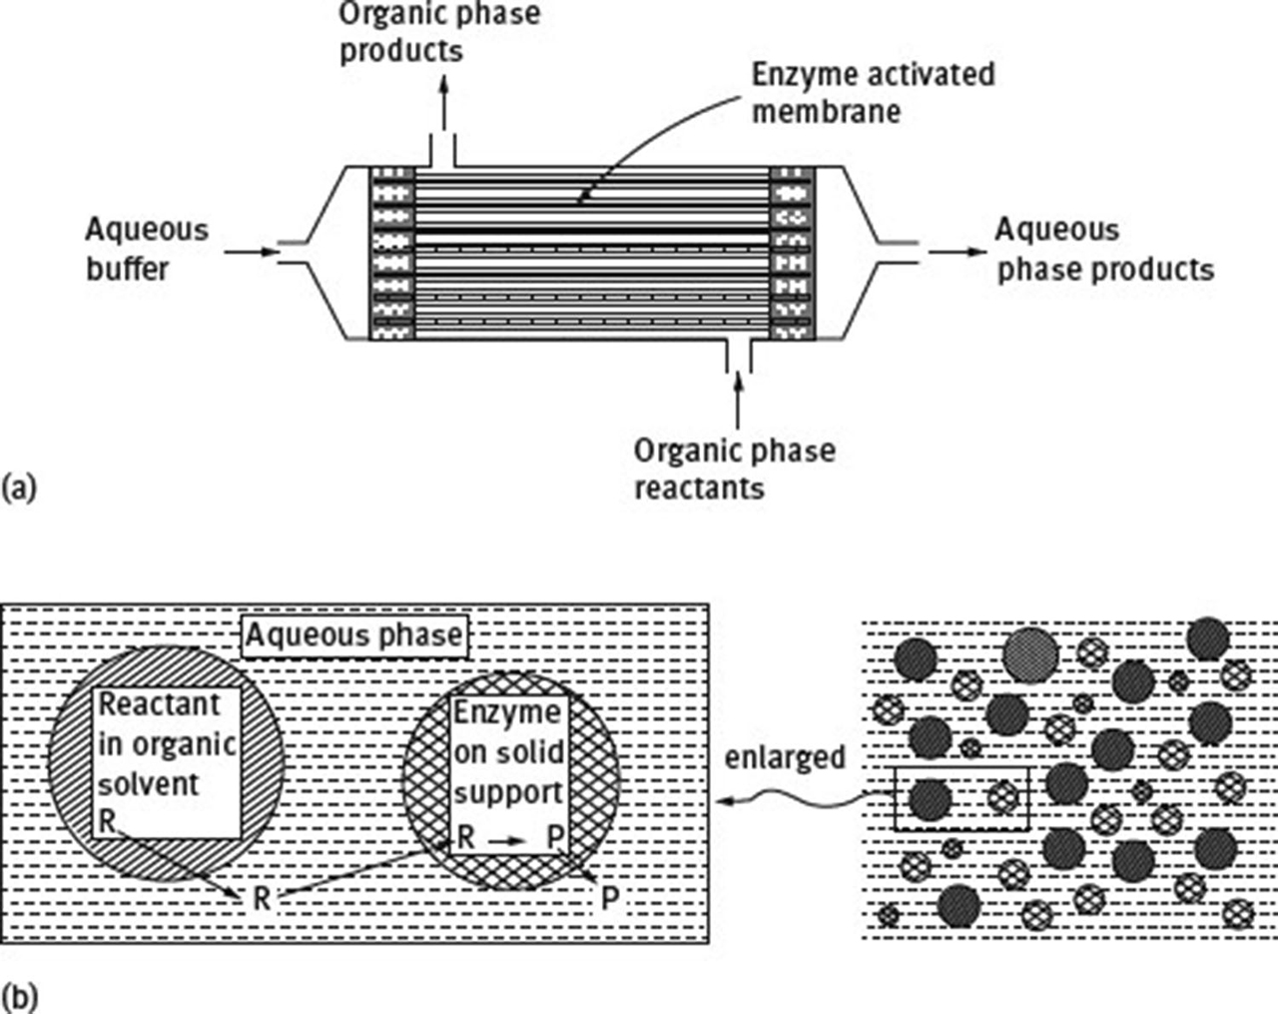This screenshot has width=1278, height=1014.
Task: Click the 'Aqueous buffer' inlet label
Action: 146,250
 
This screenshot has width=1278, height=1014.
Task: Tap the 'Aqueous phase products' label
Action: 1104,250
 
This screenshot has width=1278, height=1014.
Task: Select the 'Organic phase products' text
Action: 438,31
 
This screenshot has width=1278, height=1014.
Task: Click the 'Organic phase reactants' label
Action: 734,469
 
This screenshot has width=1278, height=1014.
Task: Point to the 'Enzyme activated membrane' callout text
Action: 873,92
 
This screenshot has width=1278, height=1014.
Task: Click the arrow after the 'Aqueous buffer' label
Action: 250,252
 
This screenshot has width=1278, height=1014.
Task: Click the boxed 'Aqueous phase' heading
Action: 354,635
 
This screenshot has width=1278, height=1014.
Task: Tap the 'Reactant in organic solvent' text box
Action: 167,762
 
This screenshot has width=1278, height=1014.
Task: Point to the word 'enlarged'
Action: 785,756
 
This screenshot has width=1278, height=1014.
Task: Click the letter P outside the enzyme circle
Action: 609,899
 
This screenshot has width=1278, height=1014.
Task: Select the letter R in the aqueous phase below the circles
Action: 261,898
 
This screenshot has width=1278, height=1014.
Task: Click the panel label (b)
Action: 20,996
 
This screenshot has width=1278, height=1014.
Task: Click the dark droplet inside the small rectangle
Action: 930,798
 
